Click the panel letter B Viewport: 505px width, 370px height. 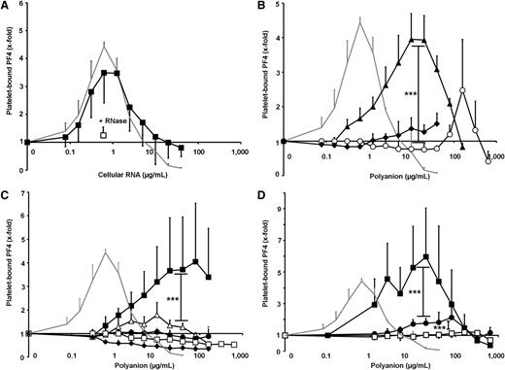click(264, 6)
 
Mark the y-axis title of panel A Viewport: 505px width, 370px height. click(8, 84)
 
